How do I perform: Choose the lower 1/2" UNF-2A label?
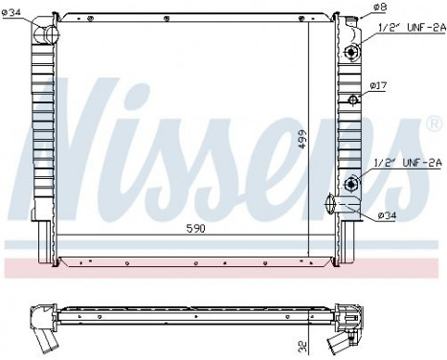coord(404,164)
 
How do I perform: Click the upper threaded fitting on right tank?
coord(353,52)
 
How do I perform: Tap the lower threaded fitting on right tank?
coord(353,183)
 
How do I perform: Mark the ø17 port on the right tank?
coord(352,100)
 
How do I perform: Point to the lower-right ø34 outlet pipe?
coord(336,206)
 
